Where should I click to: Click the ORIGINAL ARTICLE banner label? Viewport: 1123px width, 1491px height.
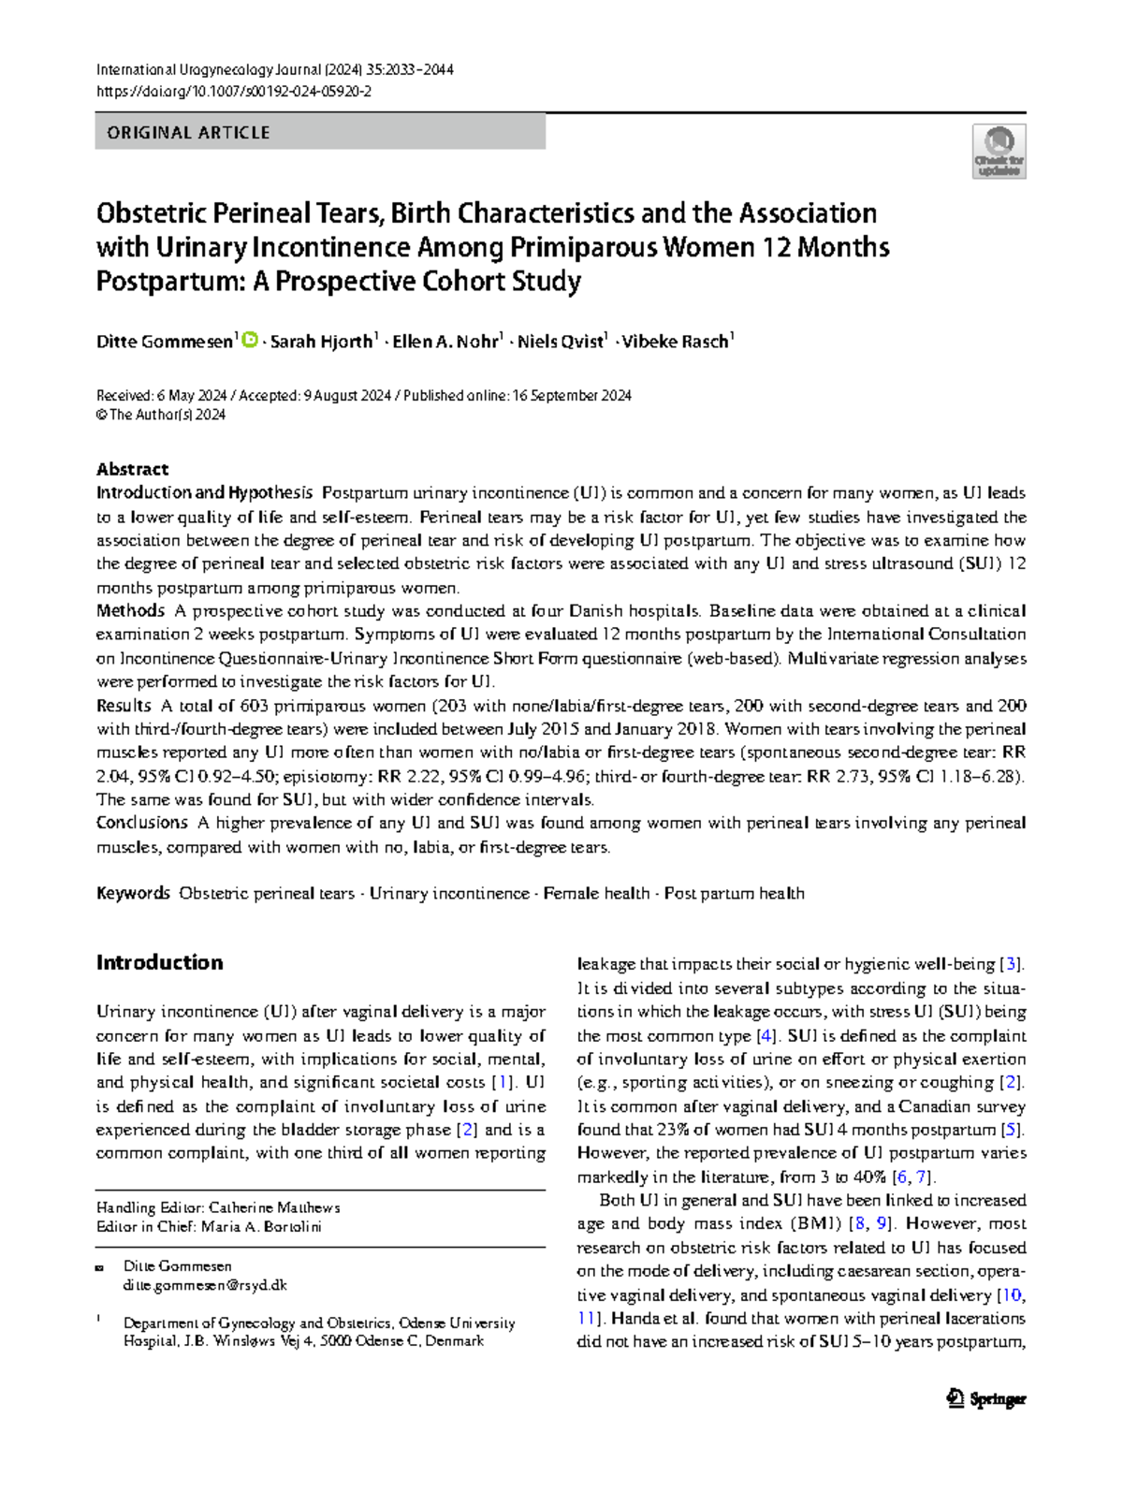[188, 133]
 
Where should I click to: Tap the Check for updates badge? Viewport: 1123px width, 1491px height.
[999, 152]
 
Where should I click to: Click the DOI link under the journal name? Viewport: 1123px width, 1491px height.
[234, 91]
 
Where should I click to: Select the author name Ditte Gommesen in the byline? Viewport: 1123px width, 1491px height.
[164, 342]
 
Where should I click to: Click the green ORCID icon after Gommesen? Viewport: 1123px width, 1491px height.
[250, 341]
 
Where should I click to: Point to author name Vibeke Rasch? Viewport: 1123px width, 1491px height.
[676, 342]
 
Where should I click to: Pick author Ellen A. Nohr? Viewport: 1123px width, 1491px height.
[445, 342]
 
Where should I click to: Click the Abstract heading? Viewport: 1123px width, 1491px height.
[132, 469]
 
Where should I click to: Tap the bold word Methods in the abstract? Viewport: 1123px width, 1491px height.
[130, 611]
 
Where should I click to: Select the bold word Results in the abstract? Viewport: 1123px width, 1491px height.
[124, 706]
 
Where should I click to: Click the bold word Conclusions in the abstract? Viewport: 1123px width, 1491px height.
[141, 823]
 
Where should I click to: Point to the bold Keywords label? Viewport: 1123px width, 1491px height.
[133, 894]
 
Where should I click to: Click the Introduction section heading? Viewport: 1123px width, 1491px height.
[159, 962]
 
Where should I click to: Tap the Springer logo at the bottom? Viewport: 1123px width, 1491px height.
[986, 1399]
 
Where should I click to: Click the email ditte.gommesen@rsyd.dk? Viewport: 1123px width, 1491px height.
[205, 1285]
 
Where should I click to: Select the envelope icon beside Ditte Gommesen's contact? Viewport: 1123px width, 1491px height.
[99, 1267]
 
